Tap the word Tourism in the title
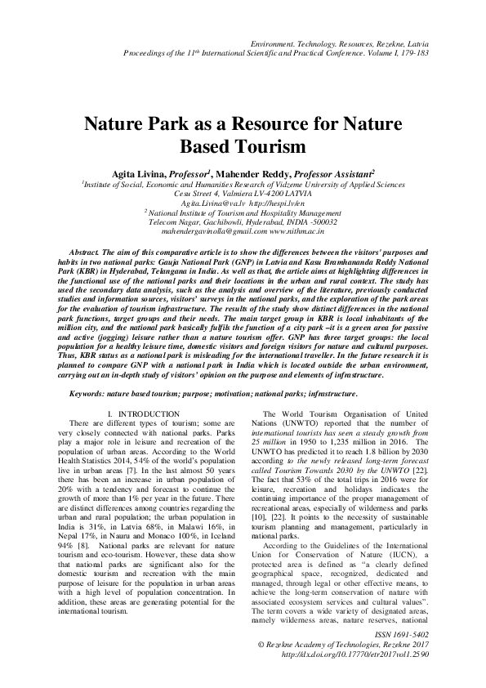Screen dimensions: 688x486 coord(266,148)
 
